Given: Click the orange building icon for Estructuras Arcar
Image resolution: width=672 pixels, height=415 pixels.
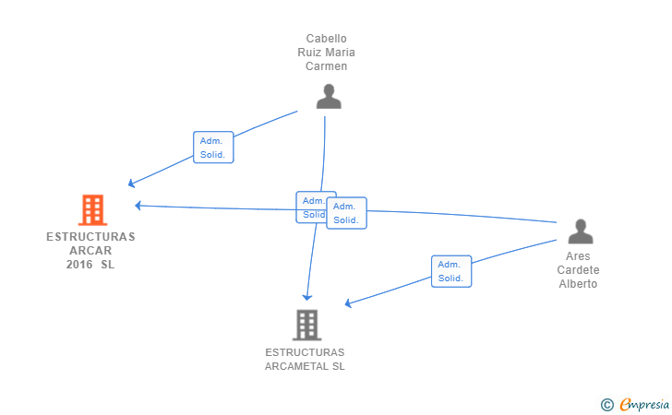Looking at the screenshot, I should [x=92, y=210].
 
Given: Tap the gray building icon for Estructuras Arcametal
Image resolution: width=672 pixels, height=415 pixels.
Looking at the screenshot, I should [x=306, y=325].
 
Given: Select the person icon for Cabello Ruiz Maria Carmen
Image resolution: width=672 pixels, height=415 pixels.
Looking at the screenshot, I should [x=329, y=96].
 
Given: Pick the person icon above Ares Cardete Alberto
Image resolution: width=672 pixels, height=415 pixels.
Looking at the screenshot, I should [x=580, y=231].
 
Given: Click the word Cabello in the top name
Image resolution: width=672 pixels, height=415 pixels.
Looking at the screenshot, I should [x=326, y=39].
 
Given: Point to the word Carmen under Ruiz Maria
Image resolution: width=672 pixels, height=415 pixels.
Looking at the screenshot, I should [x=326, y=66].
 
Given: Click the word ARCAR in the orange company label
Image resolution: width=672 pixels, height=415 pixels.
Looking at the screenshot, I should [x=90, y=251].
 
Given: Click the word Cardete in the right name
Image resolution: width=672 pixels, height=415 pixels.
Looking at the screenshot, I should [x=578, y=270].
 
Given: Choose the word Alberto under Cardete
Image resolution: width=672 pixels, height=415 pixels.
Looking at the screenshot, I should [x=578, y=284].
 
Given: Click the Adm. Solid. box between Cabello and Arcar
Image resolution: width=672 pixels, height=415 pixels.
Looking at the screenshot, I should [x=213, y=148].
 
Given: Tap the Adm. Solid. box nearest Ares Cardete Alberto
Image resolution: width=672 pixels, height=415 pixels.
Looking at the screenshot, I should [x=451, y=271].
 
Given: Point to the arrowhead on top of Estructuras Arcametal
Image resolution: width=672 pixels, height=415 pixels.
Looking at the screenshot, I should [x=308, y=297].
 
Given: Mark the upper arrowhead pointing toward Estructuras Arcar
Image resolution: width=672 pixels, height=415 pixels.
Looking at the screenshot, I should [x=132, y=184].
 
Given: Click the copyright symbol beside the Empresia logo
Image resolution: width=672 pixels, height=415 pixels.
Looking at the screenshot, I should [x=606, y=404].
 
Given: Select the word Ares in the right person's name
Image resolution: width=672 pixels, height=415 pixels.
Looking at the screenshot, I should [x=579, y=256].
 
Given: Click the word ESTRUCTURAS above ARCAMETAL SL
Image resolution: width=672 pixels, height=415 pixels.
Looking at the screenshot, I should [x=305, y=352].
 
